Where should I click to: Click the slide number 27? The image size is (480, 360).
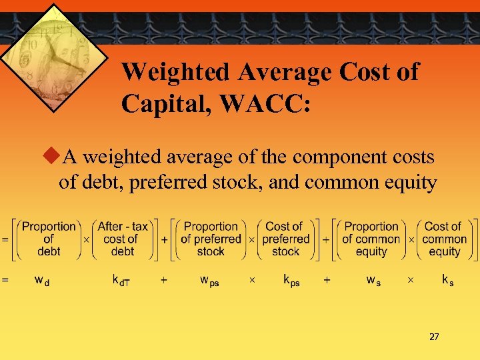(434, 337)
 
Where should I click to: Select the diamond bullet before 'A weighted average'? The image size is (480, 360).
(53, 157)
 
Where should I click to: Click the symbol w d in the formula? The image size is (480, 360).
(42, 281)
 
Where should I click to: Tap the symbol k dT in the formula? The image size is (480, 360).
(121, 281)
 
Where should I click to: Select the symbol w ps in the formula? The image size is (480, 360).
(209, 281)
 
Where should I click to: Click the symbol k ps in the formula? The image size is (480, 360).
(291, 281)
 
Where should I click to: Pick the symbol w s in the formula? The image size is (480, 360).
(373, 281)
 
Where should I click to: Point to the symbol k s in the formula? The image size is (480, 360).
(447, 281)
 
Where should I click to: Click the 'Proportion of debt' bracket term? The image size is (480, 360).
(49, 239)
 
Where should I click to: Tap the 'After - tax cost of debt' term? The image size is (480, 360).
(123, 239)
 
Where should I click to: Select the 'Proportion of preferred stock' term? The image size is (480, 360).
(211, 239)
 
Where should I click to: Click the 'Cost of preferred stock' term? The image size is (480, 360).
(285, 239)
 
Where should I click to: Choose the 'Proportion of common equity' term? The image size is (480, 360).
(371, 239)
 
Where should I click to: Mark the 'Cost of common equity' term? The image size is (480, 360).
(444, 239)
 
